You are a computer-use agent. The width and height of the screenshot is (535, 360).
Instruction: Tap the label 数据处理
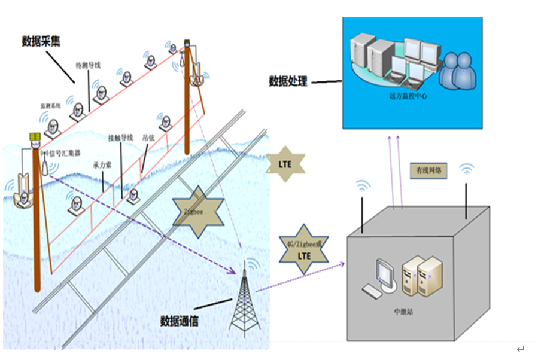point(288,81)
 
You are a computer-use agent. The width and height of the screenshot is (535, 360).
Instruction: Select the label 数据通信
point(180,321)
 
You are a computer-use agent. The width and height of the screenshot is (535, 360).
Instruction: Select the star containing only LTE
point(285,163)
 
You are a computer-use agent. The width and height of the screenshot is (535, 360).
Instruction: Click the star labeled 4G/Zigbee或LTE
point(304,250)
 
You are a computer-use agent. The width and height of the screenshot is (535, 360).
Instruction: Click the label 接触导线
point(120,137)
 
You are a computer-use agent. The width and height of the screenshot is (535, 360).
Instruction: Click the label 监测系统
point(51,105)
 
